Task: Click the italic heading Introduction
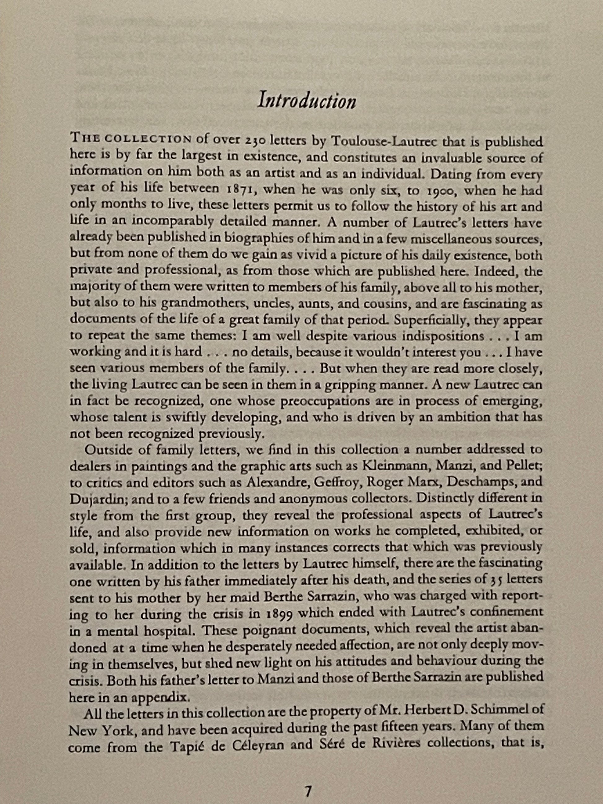[307, 101]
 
